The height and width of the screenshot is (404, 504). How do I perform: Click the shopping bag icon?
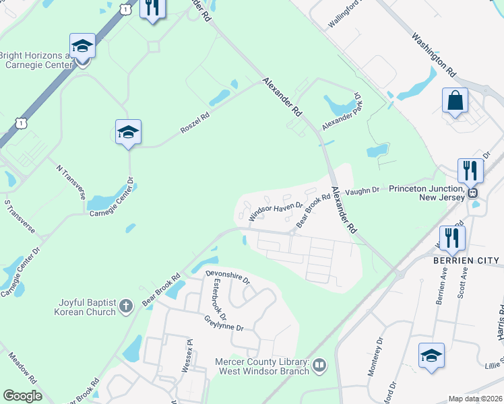(x=455, y=101)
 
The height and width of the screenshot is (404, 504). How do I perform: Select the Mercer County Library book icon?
(x=319, y=366)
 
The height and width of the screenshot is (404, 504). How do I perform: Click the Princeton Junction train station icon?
(x=473, y=192)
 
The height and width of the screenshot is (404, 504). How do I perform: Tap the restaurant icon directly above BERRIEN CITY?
(x=451, y=238)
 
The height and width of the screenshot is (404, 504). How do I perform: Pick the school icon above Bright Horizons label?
(x=82, y=46)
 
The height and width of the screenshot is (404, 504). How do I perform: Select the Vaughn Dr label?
(x=363, y=192)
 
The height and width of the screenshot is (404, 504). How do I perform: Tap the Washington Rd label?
(x=434, y=54)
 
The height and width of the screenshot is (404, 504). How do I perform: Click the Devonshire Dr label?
(x=228, y=277)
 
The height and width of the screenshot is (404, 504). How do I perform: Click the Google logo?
(x=23, y=396)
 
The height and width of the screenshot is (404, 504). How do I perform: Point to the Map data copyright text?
(x=475, y=399)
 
